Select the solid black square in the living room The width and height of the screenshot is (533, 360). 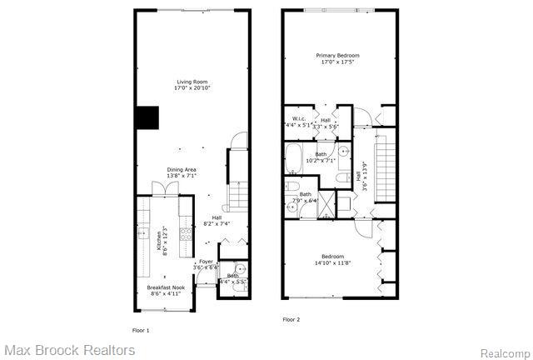click(x=147, y=118)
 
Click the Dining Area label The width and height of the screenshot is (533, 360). click(x=180, y=172)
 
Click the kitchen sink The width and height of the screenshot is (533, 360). click(x=143, y=231)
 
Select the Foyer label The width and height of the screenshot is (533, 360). click(x=206, y=264)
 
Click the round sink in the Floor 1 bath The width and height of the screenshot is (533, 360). click(x=239, y=269)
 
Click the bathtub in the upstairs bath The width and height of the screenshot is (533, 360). click(x=294, y=157)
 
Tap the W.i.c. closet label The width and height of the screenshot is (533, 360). click(x=299, y=122)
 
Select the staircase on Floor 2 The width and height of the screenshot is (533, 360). click(x=385, y=171)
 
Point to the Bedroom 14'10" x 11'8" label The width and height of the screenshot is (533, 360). click(x=332, y=259)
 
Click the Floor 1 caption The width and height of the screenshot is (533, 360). click(x=142, y=330)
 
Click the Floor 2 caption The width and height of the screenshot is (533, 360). click(x=291, y=319)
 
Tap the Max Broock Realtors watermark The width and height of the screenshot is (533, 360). click(x=69, y=350)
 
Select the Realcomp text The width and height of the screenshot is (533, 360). click(x=502, y=352)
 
